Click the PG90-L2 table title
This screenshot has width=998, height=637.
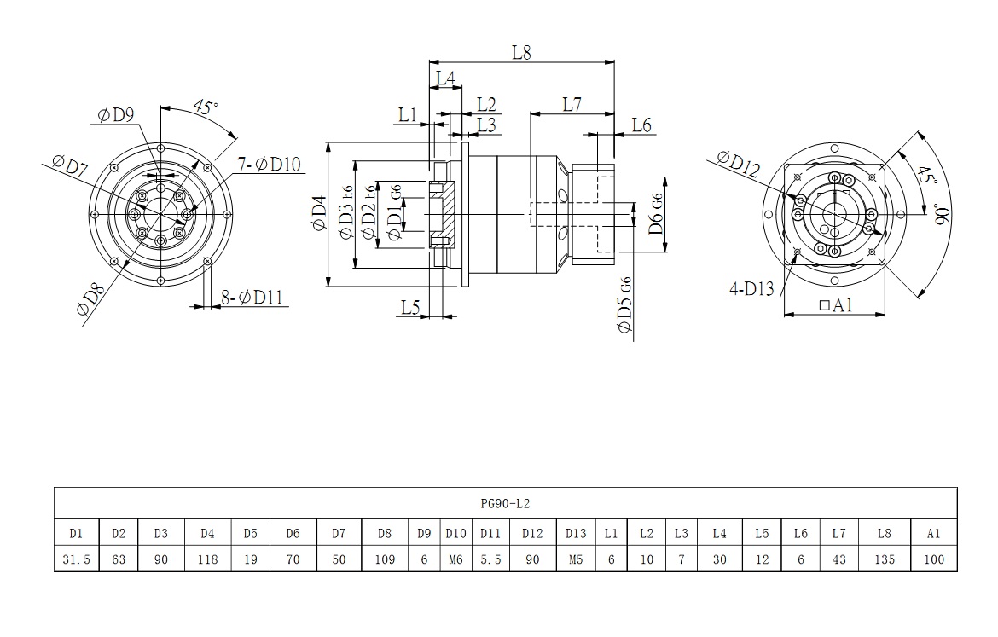click(506, 504)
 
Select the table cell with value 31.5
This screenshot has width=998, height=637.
click(76, 560)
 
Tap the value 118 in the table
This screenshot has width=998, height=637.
click(207, 560)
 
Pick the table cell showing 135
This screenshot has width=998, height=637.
click(885, 560)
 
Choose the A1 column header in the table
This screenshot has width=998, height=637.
click(933, 534)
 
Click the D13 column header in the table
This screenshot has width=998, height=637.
click(576, 534)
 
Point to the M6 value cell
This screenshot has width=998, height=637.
click(455, 560)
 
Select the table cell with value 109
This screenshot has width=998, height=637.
click(385, 560)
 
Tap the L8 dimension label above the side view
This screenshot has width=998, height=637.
click(521, 52)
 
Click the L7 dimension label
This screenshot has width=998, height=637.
click(572, 104)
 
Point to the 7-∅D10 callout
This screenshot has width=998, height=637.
click(268, 164)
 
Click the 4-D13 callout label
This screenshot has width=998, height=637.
click(751, 289)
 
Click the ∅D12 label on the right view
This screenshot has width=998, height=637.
click(739, 162)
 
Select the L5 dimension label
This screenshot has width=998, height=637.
click(411, 307)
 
